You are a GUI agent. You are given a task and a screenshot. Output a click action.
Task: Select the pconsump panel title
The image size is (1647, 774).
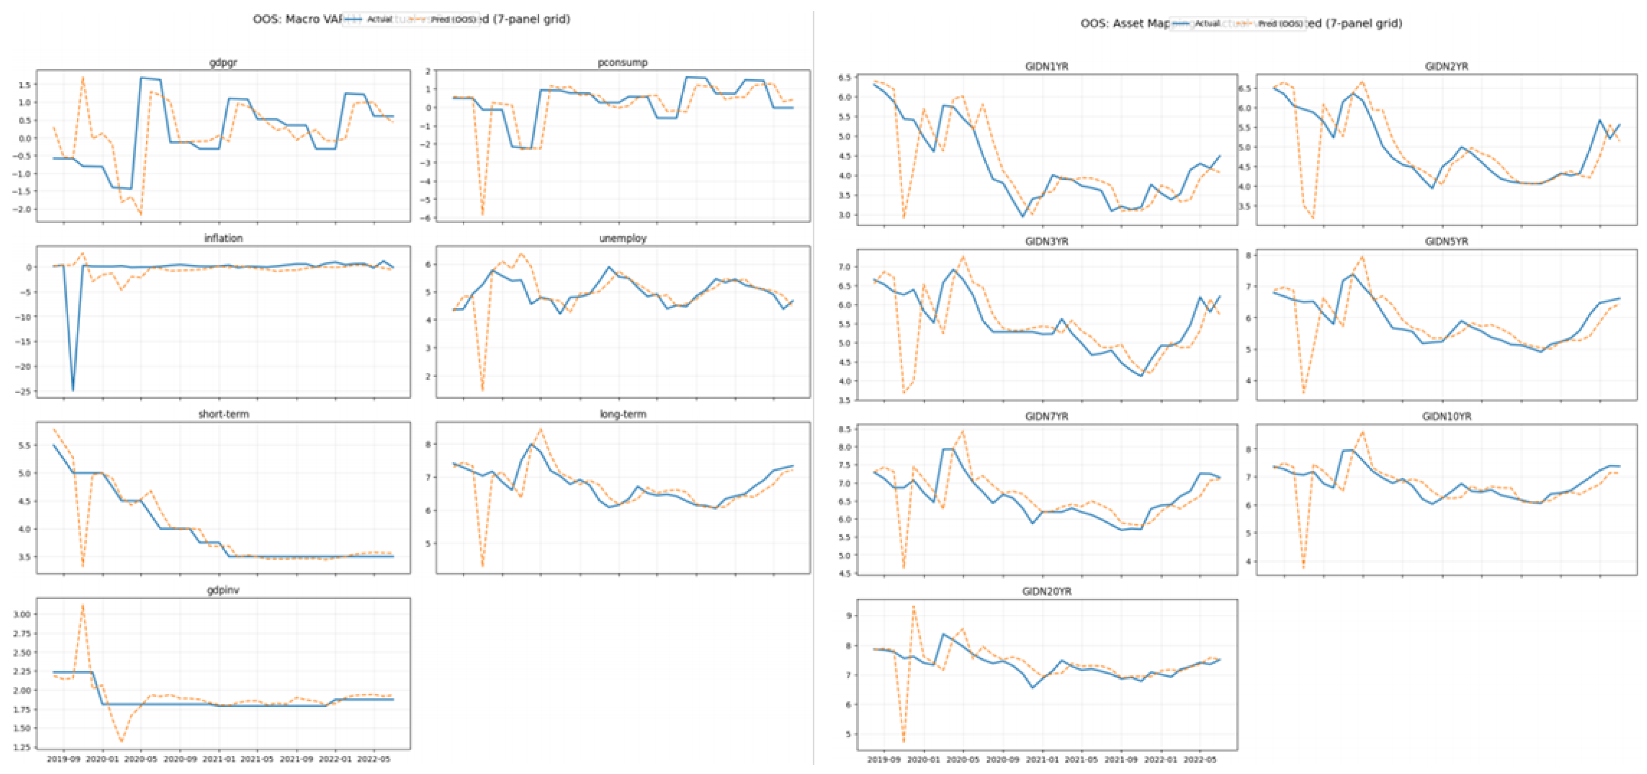[622, 62]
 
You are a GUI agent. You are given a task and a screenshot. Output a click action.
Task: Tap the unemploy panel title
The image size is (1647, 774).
[622, 238]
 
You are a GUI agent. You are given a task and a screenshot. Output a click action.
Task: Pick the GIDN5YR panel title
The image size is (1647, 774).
[1446, 242]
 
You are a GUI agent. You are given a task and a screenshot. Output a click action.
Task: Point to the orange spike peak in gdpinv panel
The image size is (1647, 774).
[83, 605]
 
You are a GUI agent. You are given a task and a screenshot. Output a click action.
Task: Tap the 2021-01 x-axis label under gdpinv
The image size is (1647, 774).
[219, 759]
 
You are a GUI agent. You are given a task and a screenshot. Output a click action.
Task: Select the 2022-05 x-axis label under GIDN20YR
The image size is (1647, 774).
[1199, 760]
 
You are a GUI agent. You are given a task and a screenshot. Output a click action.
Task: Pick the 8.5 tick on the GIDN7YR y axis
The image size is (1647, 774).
[844, 430]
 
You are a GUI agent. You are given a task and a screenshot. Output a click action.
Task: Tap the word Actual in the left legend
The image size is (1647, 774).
[379, 19]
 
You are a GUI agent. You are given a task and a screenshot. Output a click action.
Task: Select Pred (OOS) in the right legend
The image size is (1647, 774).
[1280, 24]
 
